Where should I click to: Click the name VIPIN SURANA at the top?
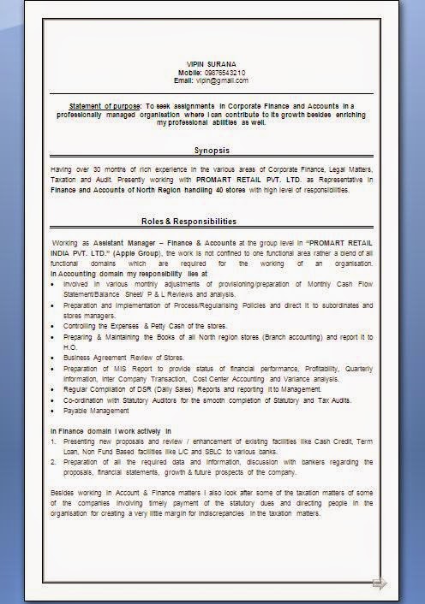212,64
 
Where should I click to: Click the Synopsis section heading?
212,151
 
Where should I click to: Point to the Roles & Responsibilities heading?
189,222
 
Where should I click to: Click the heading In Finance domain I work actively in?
111,430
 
